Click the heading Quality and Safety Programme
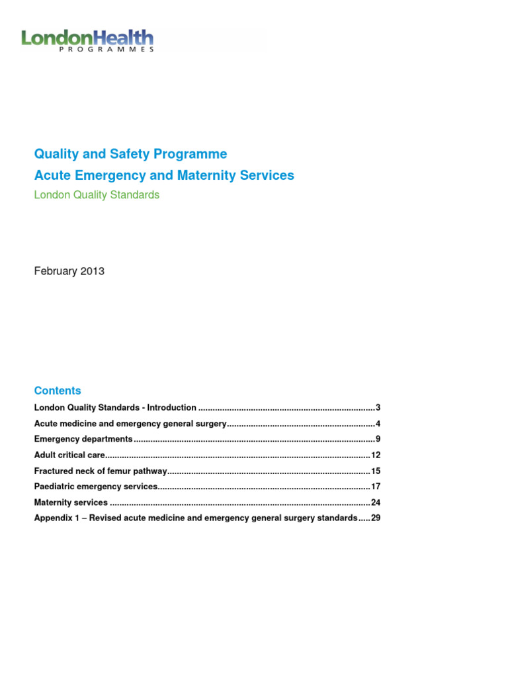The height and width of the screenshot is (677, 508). tap(130, 154)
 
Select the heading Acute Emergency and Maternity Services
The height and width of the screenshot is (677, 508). tap(164, 175)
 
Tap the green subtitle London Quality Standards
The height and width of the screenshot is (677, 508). tap(97, 195)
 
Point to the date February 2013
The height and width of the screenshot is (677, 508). tap(69, 271)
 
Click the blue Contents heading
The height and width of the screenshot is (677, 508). tap(58, 391)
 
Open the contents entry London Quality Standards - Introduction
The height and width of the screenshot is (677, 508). tap(115, 407)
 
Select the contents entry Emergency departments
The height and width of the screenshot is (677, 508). tap(83, 439)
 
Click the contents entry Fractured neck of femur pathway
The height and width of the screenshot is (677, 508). tap(100, 471)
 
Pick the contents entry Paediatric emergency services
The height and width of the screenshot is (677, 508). tap(96, 487)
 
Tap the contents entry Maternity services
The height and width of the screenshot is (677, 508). tap(71, 502)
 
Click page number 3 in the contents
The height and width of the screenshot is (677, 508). tap(377, 407)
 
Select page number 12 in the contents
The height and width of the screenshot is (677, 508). tap(375, 455)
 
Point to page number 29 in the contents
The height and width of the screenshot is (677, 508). tap(375, 518)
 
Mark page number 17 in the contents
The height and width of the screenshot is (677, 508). tap(375, 487)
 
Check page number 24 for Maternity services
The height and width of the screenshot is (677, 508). tap(375, 502)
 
